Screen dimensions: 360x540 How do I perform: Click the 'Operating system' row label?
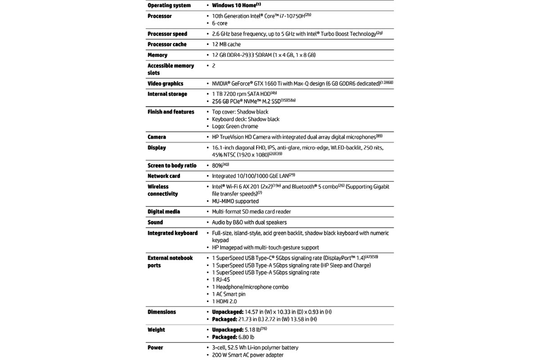tap(169, 5)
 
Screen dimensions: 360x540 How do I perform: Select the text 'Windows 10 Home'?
tap(234, 5)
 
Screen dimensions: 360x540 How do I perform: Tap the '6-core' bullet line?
tap(220, 23)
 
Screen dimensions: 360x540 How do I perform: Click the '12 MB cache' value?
tap(226, 45)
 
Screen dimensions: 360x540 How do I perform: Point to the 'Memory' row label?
tap(157, 55)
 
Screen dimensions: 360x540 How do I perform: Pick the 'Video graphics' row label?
tap(166, 84)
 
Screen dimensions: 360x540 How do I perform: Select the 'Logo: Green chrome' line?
tap(235, 126)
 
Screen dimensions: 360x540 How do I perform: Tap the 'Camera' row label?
tap(157, 137)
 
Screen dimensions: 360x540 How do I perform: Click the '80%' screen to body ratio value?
tap(218, 166)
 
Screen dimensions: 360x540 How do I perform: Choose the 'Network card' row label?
tap(164, 176)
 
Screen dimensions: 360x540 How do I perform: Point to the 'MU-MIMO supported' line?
tap(235, 202)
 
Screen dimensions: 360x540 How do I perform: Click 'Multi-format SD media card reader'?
tap(252, 212)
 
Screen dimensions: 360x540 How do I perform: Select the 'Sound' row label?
tap(155, 223)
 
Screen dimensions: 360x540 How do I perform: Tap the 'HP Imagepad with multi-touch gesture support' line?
tap(265, 248)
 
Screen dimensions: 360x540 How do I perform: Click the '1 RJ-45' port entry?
tap(221, 280)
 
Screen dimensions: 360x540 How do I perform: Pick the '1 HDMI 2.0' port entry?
tap(224, 301)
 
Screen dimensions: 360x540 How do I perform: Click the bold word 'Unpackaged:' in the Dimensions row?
tap(227, 312)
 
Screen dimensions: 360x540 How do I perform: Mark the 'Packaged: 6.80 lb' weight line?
tap(233, 337)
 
